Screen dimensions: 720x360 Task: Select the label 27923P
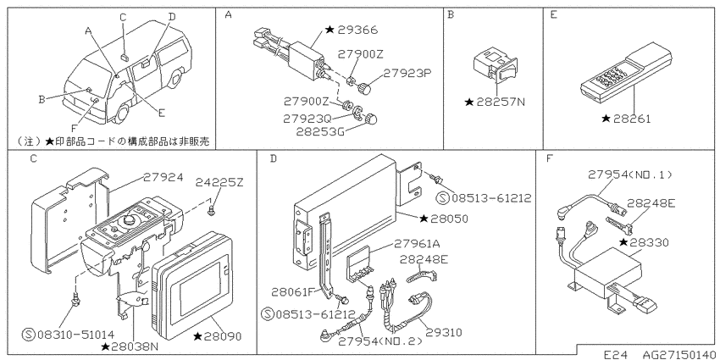[407, 73]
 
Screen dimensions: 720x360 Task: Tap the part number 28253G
[319, 131]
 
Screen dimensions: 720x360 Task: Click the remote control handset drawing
[627, 73]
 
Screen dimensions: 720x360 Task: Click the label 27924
[163, 177]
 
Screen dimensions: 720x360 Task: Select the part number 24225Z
[219, 182]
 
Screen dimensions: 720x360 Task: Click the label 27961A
[418, 243]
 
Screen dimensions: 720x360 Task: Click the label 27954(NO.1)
[630, 174]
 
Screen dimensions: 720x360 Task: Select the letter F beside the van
[74, 130]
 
